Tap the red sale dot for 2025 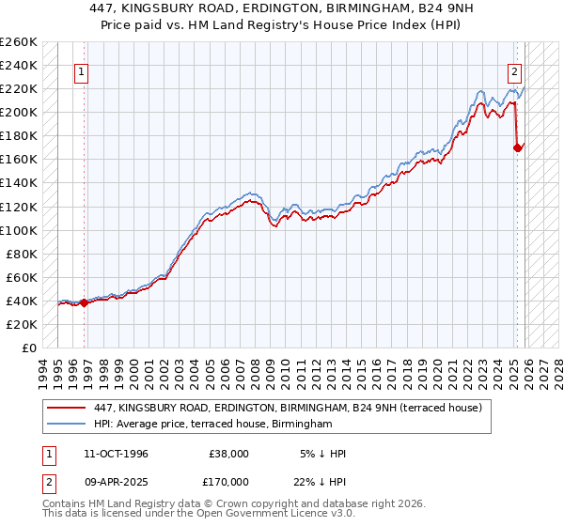[518, 147]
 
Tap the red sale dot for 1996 [85, 302]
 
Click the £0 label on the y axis [28, 348]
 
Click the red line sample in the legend [67, 408]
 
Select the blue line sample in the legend [67, 425]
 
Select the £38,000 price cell [228, 454]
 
